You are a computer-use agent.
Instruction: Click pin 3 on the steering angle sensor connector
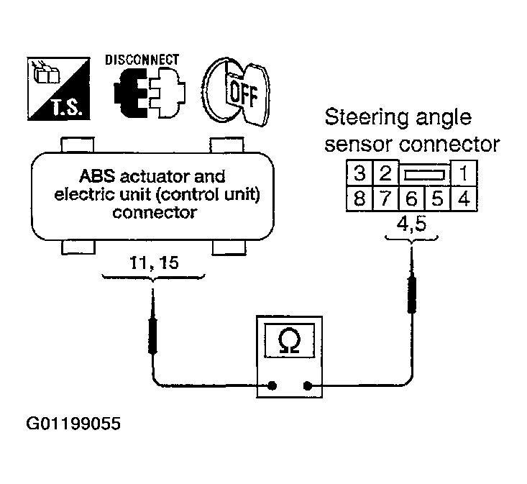pos(359,173)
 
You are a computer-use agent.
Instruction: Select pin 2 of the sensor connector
pos(385,173)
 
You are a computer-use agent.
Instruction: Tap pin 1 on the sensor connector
pos(464,173)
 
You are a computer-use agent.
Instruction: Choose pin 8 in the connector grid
pos(359,198)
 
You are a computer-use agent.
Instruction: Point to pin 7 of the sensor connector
pos(385,198)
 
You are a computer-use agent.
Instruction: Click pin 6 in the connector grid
pos(412,198)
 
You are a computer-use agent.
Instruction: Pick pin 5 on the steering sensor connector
pos(438,198)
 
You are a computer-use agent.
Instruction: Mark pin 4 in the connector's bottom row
pos(464,198)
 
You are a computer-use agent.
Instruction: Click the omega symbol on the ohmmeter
pos(289,341)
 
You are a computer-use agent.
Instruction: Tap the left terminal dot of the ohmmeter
pos(272,385)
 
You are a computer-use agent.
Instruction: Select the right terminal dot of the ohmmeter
pos(307,385)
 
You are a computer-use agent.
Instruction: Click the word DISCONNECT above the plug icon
pos(142,60)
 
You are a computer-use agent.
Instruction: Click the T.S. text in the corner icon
pos(67,108)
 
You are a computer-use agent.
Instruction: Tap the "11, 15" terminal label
pos(154,262)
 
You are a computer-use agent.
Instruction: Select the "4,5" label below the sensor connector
pos(412,224)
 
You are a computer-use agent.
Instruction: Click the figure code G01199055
pos(73,424)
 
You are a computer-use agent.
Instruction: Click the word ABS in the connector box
pos(97,176)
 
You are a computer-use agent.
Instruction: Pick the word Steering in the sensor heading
pos(367,119)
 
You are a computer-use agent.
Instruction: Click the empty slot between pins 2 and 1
pos(425,175)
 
